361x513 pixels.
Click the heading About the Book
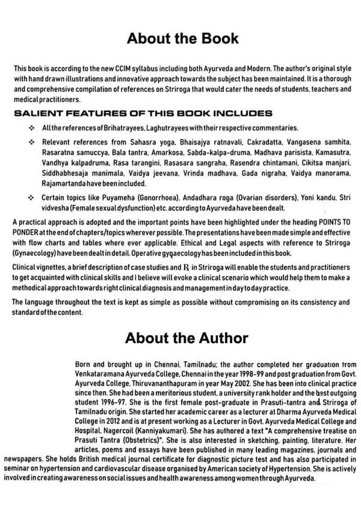coord(182,38)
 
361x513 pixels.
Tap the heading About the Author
coord(187,338)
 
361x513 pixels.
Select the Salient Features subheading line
coord(143,113)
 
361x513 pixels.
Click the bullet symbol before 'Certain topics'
coord(31,198)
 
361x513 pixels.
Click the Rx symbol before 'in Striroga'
coord(187,268)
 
